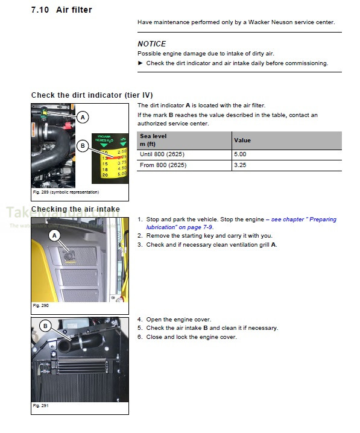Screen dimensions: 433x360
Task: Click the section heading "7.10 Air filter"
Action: click(62, 10)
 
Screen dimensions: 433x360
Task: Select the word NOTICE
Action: click(151, 44)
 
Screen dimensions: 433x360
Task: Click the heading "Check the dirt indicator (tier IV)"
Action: click(92, 95)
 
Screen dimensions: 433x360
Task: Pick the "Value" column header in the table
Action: click(242, 141)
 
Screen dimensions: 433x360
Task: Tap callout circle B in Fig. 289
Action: click(82, 145)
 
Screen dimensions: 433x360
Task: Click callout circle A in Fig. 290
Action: click(54, 235)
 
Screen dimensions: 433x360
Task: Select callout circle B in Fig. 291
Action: click(45, 326)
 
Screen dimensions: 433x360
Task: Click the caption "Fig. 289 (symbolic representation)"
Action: click(66, 192)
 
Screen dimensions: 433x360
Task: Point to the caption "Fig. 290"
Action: click(41, 305)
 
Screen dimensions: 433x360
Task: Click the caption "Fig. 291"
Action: click(41, 406)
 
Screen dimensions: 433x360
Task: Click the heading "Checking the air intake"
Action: click(75, 209)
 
